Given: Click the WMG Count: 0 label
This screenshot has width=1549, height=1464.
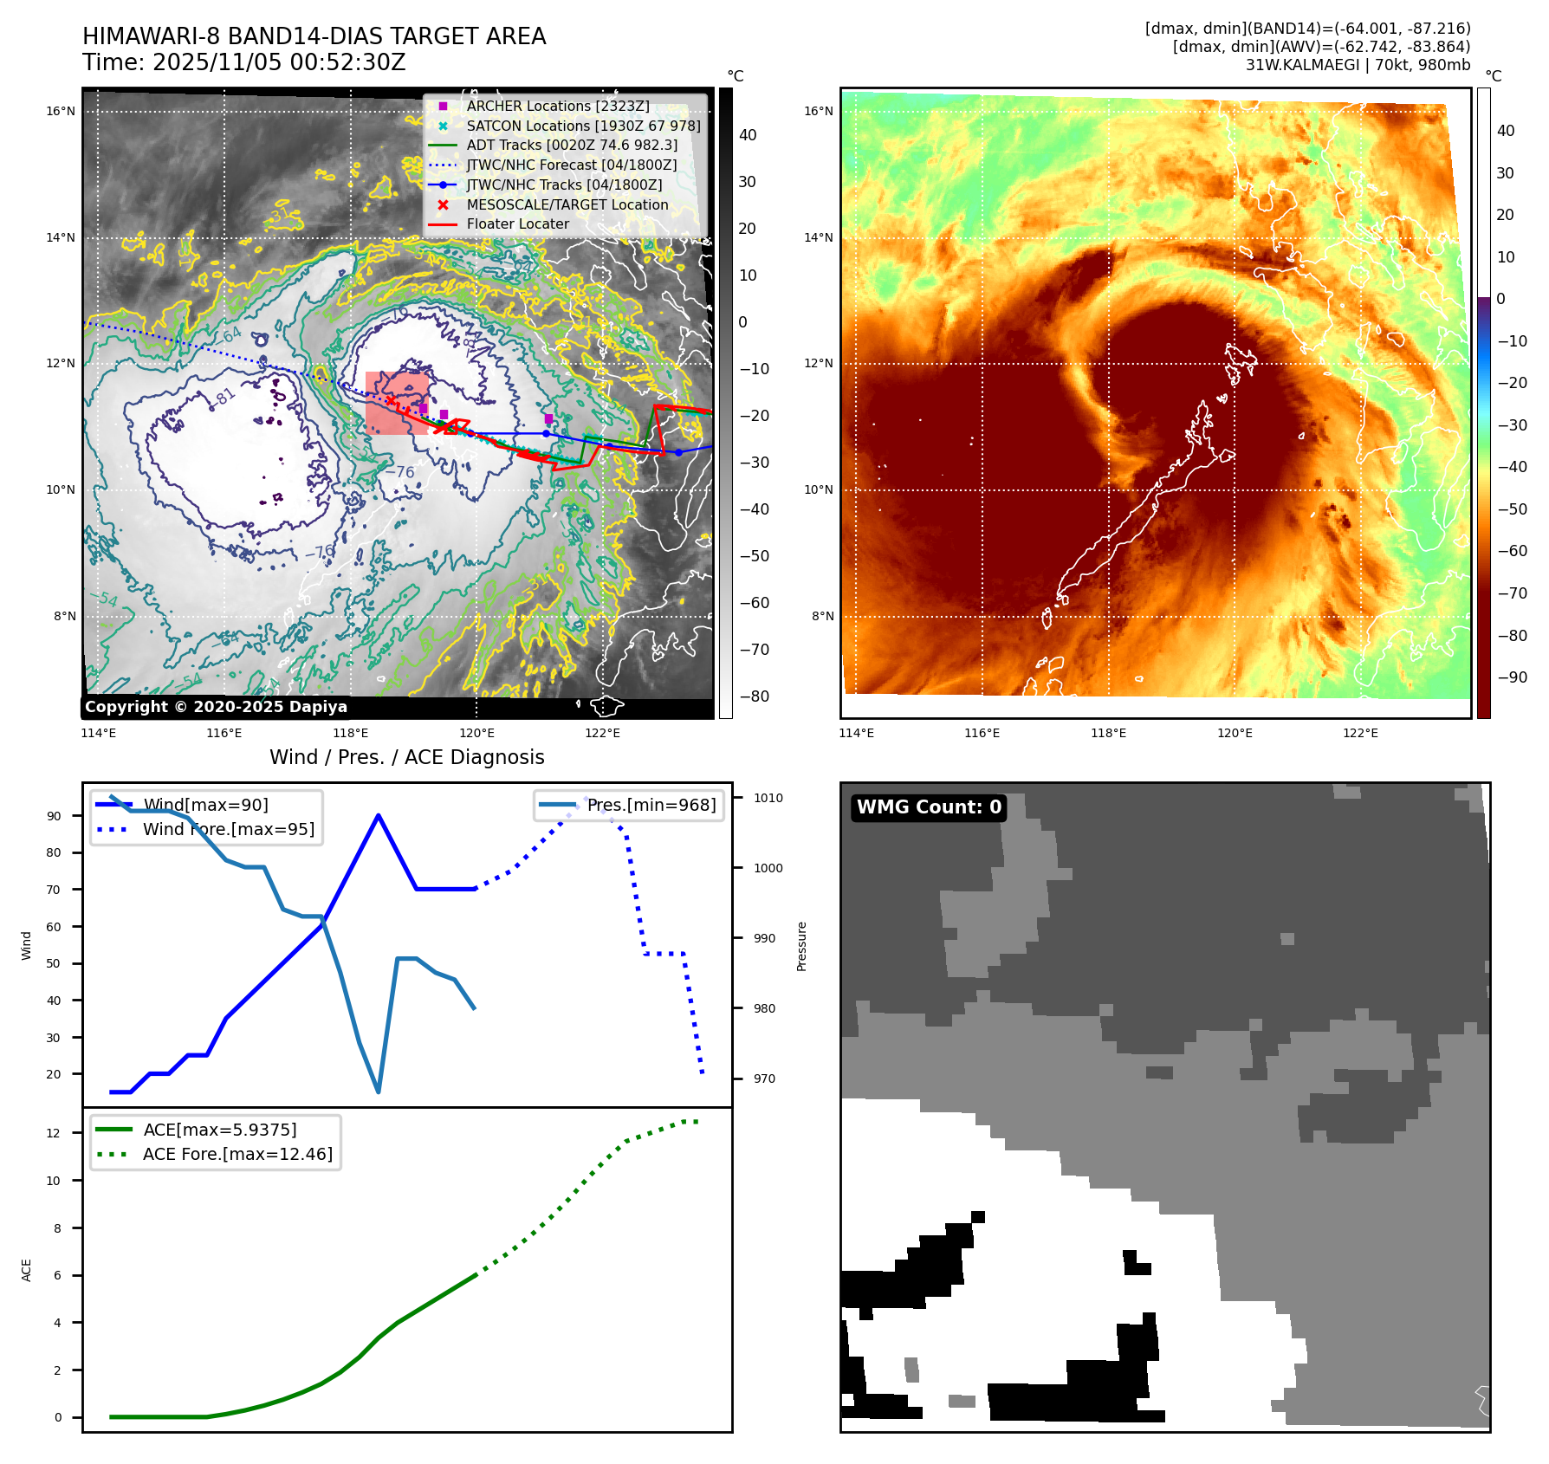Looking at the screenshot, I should (929, 807).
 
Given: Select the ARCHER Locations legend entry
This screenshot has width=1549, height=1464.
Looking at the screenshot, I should (557, 106).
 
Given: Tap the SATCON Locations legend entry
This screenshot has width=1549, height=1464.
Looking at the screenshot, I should (583, 126).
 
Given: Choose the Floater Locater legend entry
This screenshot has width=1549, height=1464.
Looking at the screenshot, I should (517, 223).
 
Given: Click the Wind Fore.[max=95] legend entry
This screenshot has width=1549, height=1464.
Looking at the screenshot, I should (229, 829).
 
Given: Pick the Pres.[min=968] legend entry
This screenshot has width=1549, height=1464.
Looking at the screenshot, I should (651, 805).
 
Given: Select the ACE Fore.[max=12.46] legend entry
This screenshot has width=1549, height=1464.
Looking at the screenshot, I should (237, 1154).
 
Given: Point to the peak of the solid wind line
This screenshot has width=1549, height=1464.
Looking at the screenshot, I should (379, 815).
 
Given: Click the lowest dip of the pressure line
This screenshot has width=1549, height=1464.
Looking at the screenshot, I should (379, 1092).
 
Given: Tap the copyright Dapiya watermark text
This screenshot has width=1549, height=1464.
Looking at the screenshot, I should (216, 707).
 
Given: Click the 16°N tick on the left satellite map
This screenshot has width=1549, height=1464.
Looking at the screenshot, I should (61, 111).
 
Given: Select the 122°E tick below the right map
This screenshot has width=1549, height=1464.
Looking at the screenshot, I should (1360, 733).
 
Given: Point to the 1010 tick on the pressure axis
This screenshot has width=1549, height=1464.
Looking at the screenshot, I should (768, 798).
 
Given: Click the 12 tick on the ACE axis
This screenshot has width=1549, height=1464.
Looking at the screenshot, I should (54, 1133).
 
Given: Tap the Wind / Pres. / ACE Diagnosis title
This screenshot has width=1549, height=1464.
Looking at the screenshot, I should (406, 757).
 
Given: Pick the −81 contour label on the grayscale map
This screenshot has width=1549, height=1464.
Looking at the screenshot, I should (223, 398).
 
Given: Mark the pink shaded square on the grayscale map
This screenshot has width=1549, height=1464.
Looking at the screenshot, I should (397, 403).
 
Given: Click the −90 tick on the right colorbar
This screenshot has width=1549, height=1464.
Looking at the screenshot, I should (1513, 677).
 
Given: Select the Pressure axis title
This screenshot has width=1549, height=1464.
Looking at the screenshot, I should (801, 946).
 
